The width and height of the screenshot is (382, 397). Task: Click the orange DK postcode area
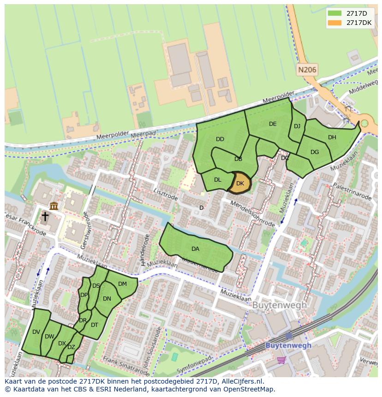(x=240, y=183)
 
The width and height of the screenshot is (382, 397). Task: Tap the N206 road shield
(x=307, y=70)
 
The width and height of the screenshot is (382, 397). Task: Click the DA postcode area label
(x=195, y=249)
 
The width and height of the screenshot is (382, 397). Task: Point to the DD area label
(x=220, y=139)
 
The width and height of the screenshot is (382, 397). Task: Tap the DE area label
(x=273, y=124)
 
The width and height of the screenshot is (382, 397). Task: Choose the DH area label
(x=332, y=137)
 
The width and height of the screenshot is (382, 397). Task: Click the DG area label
(x=315, y=152)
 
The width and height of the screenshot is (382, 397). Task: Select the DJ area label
(x=297, y=126)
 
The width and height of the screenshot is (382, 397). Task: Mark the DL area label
(x=218, y=180)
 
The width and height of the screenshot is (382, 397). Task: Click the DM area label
(x=122, y=284)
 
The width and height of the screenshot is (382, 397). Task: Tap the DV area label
(x=36, y=332)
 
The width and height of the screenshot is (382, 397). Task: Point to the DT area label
(x=95, y=325)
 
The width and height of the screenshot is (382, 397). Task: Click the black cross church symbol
(x=45, y=216)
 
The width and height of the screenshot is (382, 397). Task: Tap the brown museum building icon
(x=54, y=206)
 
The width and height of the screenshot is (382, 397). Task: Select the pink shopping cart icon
(x=281, y=360)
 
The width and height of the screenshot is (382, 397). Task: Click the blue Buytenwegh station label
(x=288, y=345)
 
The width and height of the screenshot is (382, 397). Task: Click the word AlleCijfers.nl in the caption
(x=240, y=381)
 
